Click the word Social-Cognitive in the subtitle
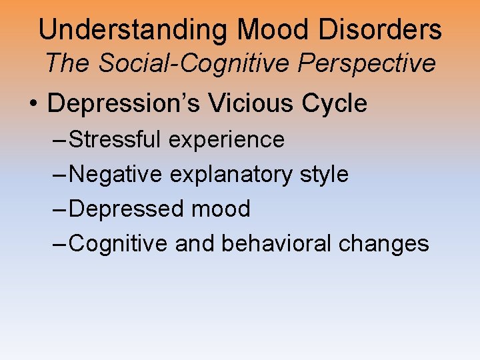[x=193, y=63]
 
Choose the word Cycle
[x=335, y=103]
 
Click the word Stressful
[x=115, y=140]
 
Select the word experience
[x=227, y=140]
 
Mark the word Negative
[x=115, y=175]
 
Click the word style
[x=325, y=175]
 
